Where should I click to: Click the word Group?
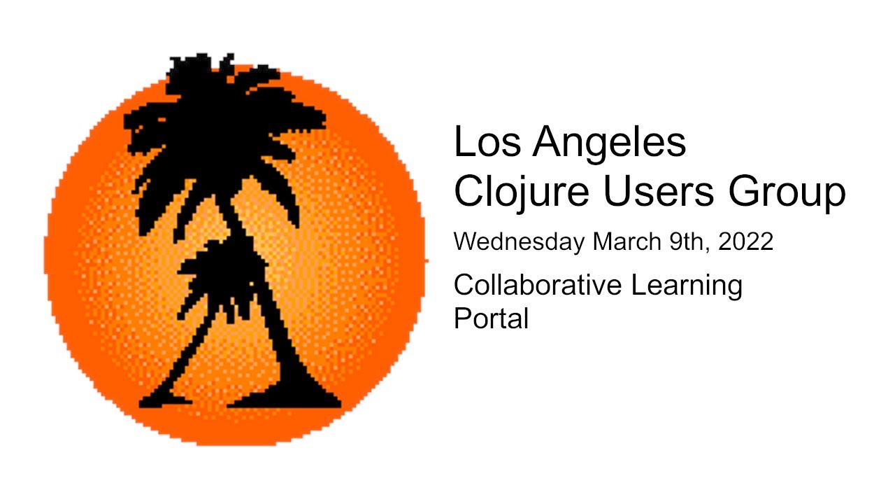pos(788,192)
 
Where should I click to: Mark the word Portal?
pos(491,318)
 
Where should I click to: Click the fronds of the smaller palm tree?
pos(210,269)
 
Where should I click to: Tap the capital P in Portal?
pos(462,318)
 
